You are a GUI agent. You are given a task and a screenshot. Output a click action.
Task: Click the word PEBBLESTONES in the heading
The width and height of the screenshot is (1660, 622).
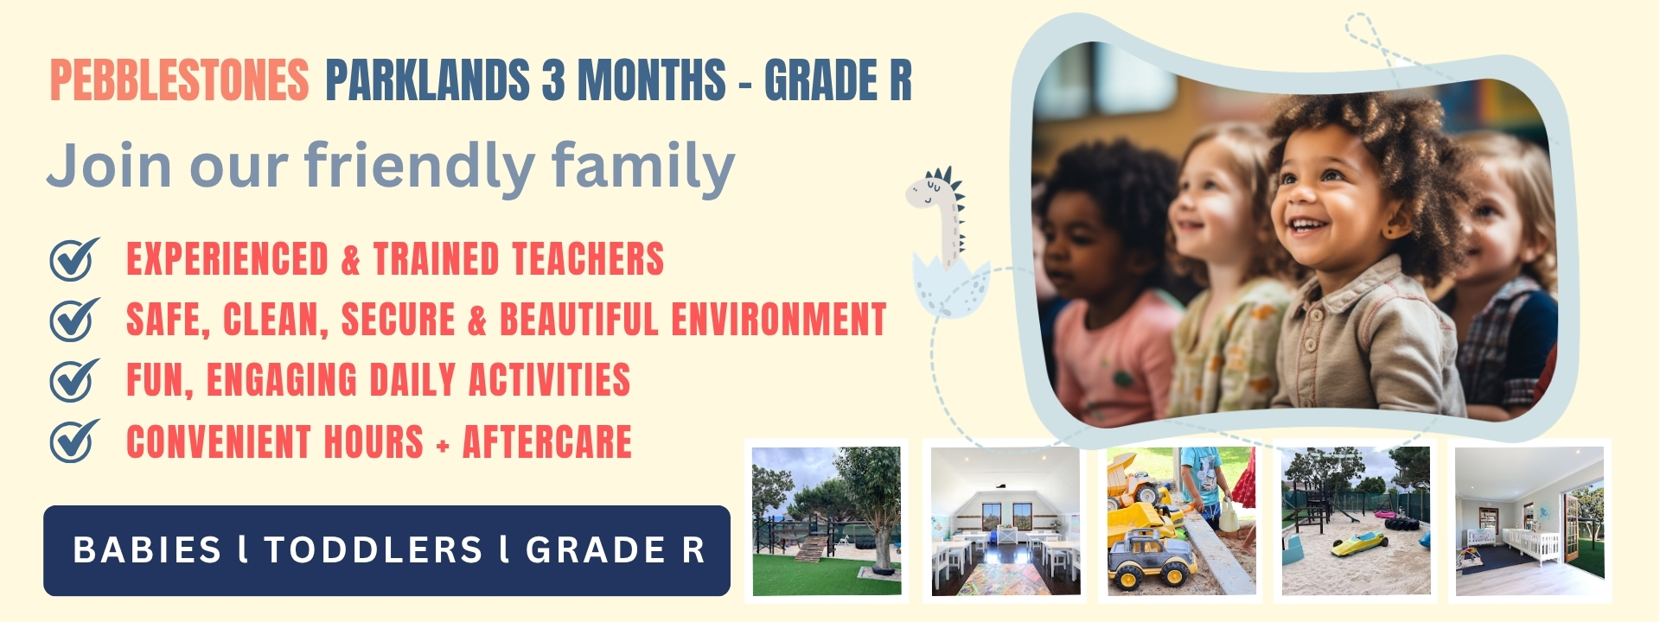click(179, 81)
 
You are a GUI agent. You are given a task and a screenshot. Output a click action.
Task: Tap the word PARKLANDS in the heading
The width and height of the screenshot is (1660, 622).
click(428, 81)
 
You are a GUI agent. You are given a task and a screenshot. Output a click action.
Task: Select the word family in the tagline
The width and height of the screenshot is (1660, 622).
click(643, 166)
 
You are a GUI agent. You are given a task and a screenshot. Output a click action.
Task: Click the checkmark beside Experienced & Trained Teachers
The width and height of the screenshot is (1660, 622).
click(74, 258)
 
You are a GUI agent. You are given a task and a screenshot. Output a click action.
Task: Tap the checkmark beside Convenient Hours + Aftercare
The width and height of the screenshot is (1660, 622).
click(74, 441)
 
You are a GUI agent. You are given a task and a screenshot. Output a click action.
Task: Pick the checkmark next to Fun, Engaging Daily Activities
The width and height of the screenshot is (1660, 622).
click(74, 380)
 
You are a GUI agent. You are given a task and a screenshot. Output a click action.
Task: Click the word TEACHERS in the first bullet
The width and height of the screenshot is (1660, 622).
click(588, 259)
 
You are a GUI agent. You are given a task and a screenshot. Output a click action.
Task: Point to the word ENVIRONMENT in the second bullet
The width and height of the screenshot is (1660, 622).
click(779, 320)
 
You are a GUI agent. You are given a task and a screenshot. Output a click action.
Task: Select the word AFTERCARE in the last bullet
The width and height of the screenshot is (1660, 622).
click(547, 441)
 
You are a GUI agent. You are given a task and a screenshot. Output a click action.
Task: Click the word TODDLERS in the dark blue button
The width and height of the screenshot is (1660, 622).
click(373, 550)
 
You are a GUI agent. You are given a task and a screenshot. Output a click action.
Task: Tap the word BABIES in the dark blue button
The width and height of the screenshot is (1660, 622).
click(147, 550)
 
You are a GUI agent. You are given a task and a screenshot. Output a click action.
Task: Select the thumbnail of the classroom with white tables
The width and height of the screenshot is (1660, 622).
click(1006, 521)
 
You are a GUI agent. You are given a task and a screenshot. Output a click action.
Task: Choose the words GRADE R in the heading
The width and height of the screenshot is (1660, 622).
click(838, 81)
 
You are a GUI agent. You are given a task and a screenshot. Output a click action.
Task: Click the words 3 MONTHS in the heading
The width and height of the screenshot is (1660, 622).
click(634, 81)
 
